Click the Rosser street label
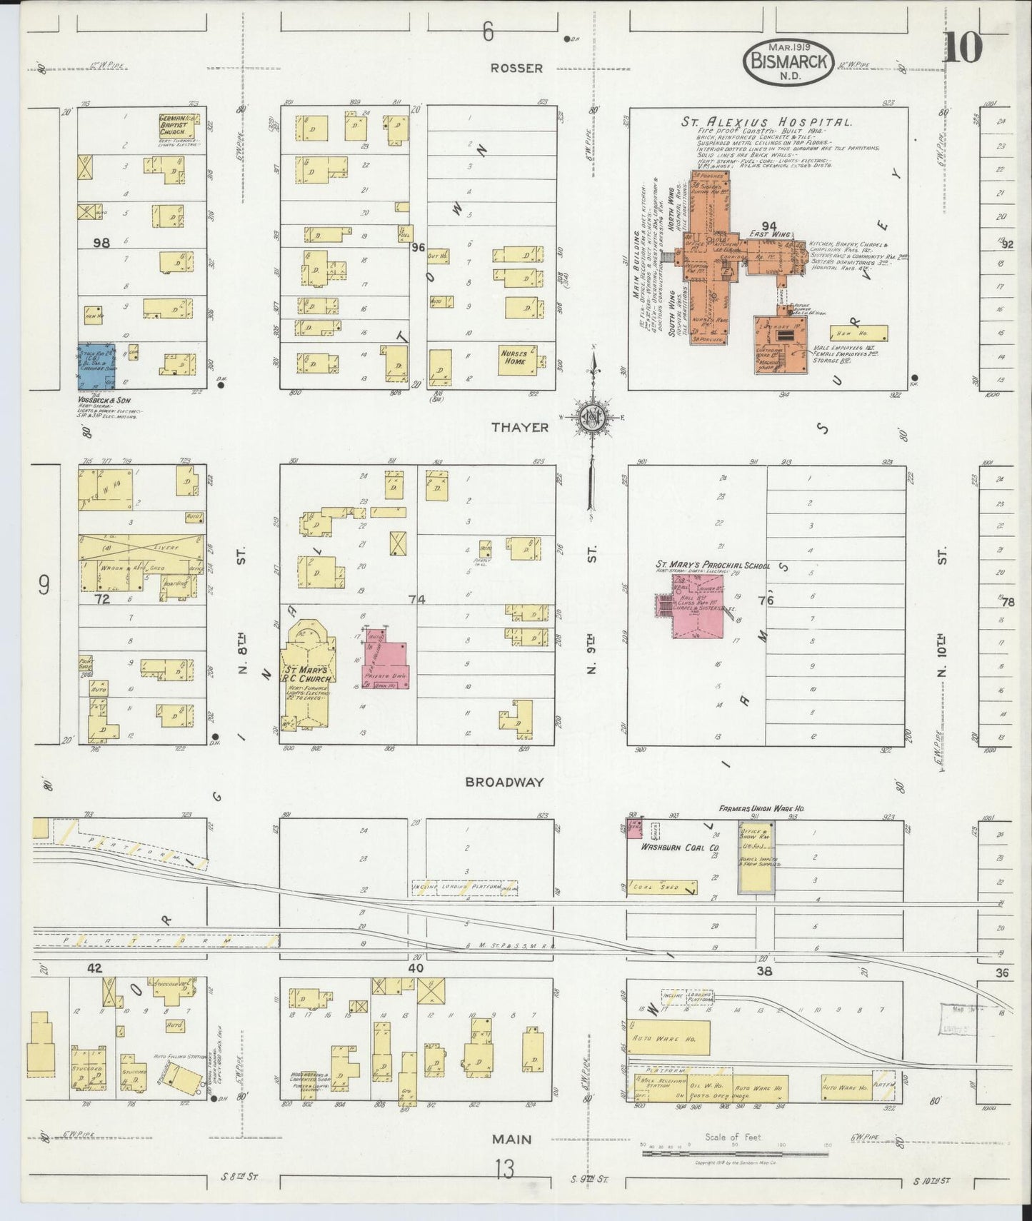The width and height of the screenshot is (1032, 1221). [516, 69]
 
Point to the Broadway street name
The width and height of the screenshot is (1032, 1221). [504, 782]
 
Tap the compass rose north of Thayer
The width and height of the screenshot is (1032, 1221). [592, 416]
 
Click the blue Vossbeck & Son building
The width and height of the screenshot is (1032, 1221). [96, 366]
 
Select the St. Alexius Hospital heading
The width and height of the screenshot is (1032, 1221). [766, 122]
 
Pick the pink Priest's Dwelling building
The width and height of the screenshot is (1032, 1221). [386, 658]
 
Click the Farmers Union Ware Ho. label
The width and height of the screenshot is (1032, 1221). [762, 808]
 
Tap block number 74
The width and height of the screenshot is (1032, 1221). [417, 600]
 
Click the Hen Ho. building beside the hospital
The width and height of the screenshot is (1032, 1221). [858, 333]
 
